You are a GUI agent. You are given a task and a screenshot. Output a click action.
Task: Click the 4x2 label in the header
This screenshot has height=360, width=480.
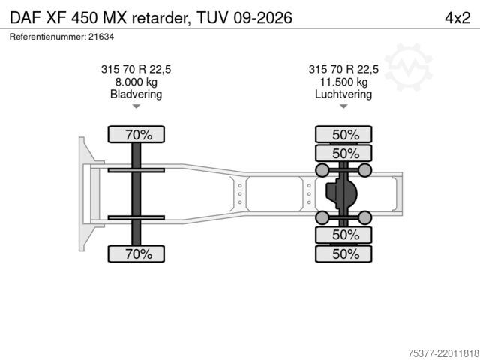[457, 18]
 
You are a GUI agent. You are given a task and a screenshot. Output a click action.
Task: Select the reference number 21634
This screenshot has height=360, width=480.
[101, 37]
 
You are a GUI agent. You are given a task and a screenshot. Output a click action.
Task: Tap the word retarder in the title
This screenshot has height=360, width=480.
[160, 18]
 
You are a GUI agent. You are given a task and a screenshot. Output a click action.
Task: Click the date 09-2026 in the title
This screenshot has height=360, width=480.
[263, 18]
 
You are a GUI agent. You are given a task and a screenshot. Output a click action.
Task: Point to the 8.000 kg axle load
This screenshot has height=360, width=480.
[136, 82]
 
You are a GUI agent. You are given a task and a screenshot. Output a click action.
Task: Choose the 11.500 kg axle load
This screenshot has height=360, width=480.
[343, 82]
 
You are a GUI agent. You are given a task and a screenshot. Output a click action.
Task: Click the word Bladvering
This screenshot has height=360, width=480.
[136, 94]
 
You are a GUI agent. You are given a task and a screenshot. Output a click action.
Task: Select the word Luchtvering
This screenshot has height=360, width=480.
[343, 94]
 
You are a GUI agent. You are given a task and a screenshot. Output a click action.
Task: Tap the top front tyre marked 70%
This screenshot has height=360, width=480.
[136, 134]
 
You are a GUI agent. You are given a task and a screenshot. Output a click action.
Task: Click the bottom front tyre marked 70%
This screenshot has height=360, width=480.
[136, 253]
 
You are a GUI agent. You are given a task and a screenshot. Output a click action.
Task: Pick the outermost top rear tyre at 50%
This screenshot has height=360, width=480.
[343, 134]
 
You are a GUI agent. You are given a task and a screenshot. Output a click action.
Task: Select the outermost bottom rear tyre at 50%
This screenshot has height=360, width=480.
[343, 253]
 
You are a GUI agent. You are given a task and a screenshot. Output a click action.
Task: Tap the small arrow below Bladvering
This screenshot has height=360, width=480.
[136, 106]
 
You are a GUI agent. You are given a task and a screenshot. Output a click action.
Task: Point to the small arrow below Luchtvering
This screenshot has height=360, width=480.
[343, 106]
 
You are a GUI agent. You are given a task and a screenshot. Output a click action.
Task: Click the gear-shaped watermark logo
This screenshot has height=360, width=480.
[408, 67]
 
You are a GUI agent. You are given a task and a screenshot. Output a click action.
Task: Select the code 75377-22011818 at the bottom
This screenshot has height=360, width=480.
[443, 353]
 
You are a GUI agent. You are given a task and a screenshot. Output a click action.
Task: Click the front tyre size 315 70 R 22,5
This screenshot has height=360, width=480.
[136, 69]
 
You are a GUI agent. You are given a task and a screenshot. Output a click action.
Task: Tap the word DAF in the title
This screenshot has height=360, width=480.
[25, 18]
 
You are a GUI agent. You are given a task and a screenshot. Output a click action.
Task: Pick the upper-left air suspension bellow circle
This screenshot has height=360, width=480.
[322, 170]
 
